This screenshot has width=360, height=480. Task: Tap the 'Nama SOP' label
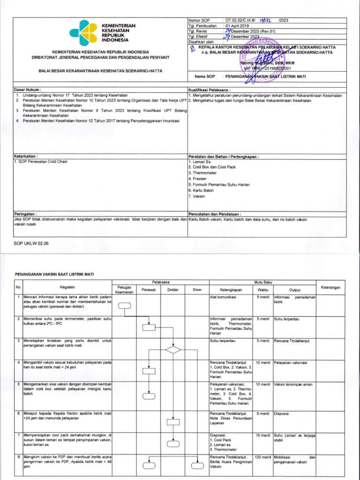[x=204, y=75]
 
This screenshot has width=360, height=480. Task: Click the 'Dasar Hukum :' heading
[x=28, y=90]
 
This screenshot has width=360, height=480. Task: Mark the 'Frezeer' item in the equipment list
[x=197, y=179]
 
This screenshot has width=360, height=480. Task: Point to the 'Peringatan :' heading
[x=26, y=213]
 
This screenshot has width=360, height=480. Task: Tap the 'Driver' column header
[x=197, y=290]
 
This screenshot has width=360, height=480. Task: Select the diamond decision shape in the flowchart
[x=173, y=349]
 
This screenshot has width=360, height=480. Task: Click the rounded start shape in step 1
[x=125, y=306]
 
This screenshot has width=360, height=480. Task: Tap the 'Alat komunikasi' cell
[x=224, y=297]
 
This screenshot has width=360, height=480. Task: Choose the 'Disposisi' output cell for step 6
[x=281, y=413]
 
